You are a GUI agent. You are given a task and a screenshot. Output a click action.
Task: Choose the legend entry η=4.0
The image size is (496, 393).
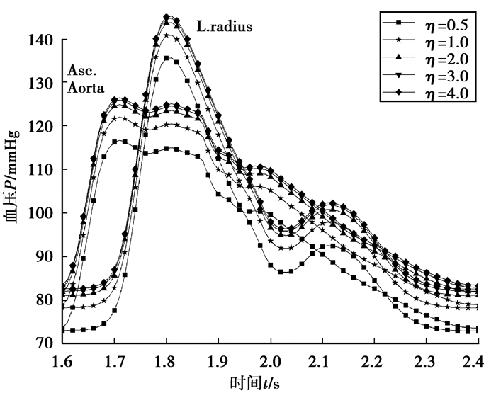(x=444, y=96)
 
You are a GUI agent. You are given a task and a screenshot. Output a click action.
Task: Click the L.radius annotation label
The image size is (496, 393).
(x=225, y=28)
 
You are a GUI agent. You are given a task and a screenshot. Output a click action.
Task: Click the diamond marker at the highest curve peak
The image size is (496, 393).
(x=167, y=17)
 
